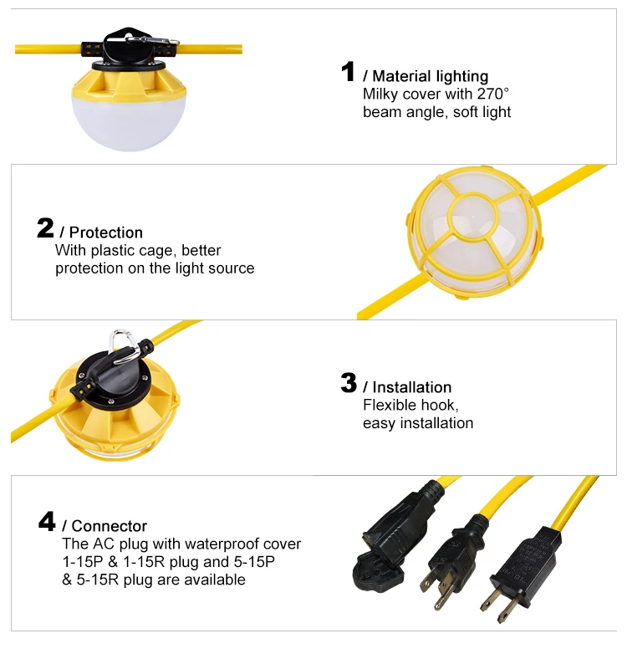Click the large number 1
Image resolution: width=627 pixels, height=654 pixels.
349,72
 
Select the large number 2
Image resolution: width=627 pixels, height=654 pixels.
46,228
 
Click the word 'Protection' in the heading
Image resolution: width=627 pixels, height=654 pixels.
106,232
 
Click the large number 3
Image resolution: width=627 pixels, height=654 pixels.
349,383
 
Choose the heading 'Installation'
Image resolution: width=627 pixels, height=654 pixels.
411,387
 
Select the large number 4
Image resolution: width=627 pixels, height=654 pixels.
48,522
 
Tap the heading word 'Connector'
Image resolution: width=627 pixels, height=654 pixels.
110,526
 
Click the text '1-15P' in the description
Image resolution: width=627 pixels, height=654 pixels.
82,562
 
